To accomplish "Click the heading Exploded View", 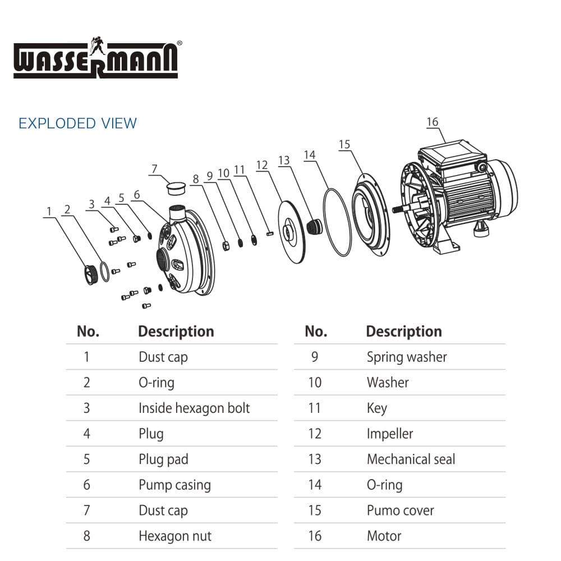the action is coord(77,123).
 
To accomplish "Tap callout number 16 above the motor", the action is coord(432,122).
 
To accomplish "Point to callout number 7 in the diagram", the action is coord(154,168).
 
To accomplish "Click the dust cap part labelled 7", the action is coord(176,188).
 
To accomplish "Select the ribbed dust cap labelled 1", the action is coord(91,274).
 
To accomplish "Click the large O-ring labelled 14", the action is coord(337,222).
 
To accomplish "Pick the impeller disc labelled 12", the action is coord(292,232).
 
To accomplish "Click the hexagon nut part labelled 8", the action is coord(226,246).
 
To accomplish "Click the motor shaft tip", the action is coord(394,209).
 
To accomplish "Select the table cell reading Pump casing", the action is coord(174,485).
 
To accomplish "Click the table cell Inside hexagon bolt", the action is coord(194,408).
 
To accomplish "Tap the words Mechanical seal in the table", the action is coord(411,459).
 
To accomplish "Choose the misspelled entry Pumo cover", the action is coord(401,511).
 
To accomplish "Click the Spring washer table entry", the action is coord(407,357).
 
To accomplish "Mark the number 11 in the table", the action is coord(315,408).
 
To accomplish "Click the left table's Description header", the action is coord(176,332).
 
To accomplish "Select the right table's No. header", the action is coord(316,332).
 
